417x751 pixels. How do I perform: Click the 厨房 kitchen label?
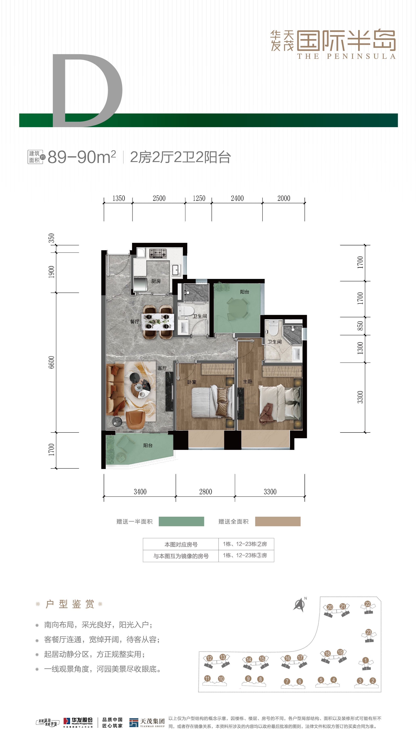click(156, 281)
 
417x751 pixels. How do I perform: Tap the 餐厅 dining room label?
click(134, 322)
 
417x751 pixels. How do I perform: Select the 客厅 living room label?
click(162, 368)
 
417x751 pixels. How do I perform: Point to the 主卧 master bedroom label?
click(248, 382)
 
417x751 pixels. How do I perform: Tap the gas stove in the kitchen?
click(158, 253)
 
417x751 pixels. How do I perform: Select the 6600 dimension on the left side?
click(51, 362)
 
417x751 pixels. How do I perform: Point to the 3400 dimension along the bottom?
click(140, 492)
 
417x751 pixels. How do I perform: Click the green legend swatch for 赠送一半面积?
click(181, 522)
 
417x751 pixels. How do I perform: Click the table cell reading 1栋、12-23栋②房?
click(245, 544)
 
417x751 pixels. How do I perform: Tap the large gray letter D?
click(87, 90)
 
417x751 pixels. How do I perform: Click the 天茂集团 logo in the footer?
click(147, 722)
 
